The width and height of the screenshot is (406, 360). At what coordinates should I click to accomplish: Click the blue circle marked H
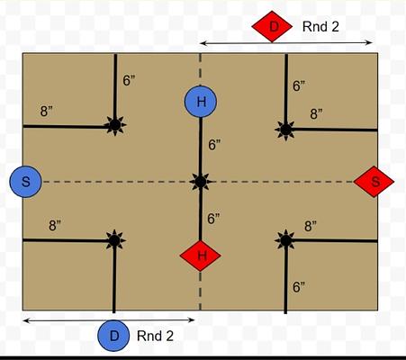coord(201,102)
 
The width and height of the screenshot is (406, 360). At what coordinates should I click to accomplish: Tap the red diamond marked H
coord(201,256)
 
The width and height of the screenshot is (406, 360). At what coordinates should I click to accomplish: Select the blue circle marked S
coord(25,182)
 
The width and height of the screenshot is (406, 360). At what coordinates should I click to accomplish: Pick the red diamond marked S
coord(374,182)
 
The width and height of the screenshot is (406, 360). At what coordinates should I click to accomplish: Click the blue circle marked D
coord(113,336)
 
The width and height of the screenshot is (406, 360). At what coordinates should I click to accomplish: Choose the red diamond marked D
coord(272,26)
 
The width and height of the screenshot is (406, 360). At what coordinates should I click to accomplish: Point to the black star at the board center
coord(201,182)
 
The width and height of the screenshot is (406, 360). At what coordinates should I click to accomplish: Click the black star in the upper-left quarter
coord(115,125)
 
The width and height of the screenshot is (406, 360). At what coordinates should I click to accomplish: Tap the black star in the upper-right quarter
coord(285,130)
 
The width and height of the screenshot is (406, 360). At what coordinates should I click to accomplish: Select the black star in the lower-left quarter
coord(114,240)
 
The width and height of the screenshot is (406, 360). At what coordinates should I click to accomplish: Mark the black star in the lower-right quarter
coord(285,240)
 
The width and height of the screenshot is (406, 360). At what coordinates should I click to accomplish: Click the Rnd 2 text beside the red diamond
coord(320,27)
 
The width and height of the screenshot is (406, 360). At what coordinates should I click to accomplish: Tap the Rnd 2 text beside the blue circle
coord(155,336)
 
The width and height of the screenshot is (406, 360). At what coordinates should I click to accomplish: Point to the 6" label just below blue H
coord(214,145)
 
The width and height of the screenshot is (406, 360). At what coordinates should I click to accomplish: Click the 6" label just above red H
coord(213,219)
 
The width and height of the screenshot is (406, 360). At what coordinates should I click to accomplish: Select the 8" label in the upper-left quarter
coord(46,112)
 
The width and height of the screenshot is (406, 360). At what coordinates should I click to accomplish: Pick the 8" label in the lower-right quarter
coord(311,226)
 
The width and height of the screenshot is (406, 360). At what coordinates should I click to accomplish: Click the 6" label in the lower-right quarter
coord(299,287)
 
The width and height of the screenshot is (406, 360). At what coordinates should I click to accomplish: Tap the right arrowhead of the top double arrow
coord(370,42)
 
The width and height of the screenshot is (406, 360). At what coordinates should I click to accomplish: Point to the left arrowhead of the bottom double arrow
coord(26,320)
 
